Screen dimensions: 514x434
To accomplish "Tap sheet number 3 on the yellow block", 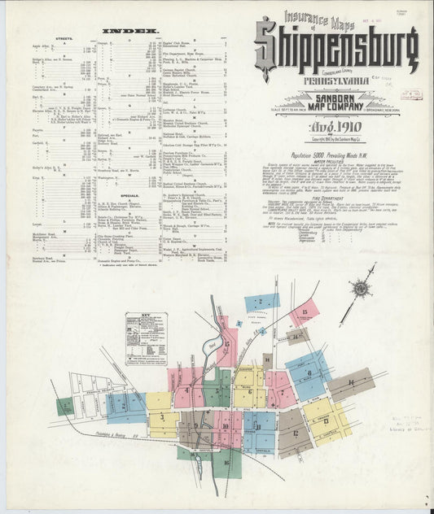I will coord(163,417).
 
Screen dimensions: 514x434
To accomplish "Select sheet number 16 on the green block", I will coord(226,461).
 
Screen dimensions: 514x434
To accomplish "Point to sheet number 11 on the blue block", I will coord(258,425).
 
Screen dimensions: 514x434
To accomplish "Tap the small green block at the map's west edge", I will coord(64,406).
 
